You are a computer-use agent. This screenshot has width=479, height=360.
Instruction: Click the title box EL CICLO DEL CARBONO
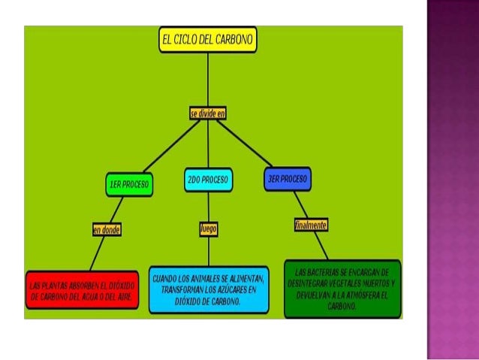pyautogui.click(x=208, y=40)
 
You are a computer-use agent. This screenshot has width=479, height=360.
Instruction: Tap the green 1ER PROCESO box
pyautogui.click(x=129, y=184)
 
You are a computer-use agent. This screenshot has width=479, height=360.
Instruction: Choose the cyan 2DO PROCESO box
pyautogui.click(x=208, y=180)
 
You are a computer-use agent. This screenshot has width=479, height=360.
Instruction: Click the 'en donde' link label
pyautogui.click(x=107, y=230)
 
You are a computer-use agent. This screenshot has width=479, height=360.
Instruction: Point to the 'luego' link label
pyautogui.click(x=208, y=228)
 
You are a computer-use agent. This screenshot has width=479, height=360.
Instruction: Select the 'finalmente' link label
pyautogui.click(x=309, y=225)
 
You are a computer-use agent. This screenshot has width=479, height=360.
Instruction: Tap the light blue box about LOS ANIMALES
pyautogui.click(x=208, y=289)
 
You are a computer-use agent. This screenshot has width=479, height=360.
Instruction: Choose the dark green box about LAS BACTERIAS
pyautogui.click(x=342, y=289)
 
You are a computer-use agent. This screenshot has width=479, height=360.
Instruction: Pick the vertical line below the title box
pyautogui.click(x=208, y=79)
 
